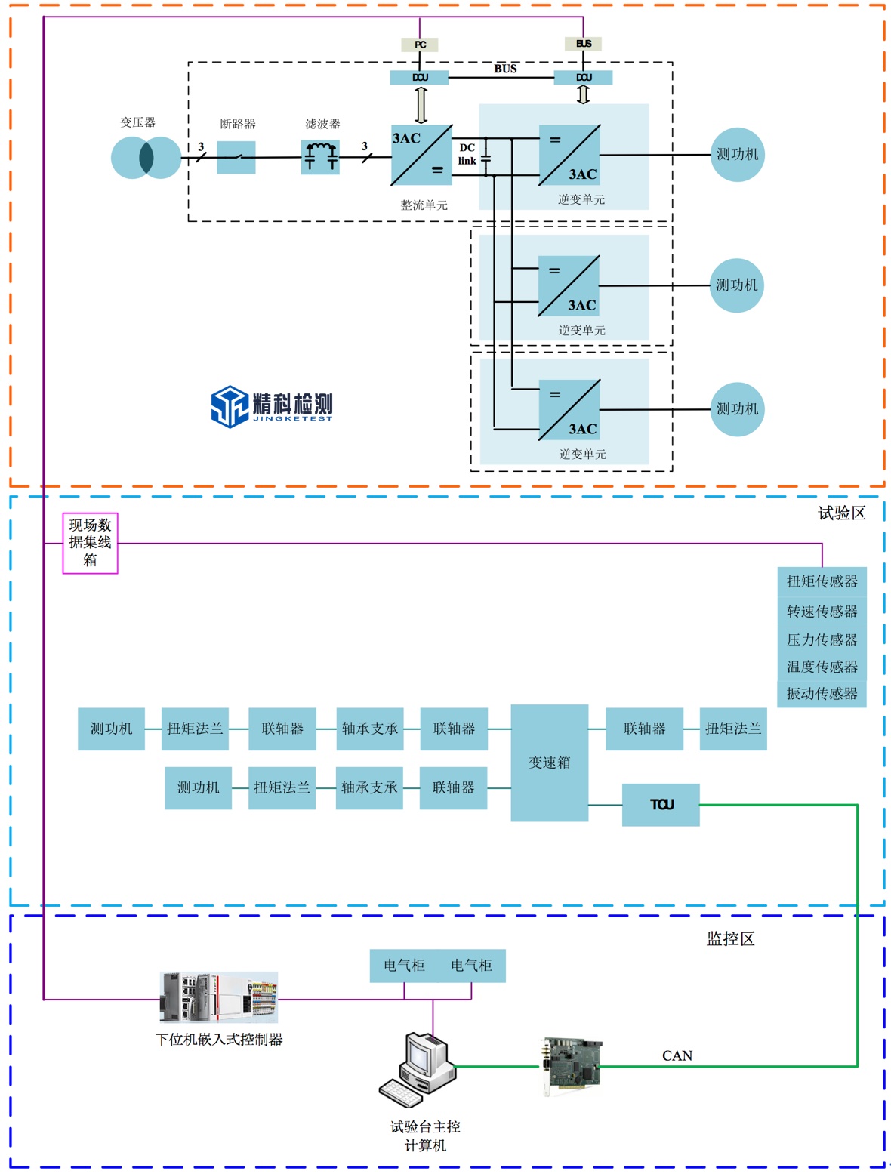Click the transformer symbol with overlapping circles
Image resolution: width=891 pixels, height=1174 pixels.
point(146,157)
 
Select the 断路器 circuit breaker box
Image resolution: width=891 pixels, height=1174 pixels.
point(236,157)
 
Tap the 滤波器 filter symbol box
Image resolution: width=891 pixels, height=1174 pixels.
point(320,157)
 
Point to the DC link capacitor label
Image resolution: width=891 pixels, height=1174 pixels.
point(467,154)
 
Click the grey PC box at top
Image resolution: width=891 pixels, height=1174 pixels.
point(420,45)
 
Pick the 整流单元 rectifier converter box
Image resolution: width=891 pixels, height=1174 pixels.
point(421,155)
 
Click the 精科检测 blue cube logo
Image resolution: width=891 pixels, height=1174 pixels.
point(230,406)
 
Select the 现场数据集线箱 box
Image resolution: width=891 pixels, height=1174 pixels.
point(90,543)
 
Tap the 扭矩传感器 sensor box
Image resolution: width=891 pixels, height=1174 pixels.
point(822,581)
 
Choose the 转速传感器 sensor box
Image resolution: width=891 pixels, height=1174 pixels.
point(822,611)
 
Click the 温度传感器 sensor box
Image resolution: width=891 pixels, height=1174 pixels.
point(822,667)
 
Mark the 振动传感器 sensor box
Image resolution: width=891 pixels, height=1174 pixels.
point(822,693)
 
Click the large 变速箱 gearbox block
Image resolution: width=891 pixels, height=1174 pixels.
point(549,763)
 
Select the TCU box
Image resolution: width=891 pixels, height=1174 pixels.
point(661,805)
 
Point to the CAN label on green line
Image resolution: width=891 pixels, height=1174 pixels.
point(677,1055)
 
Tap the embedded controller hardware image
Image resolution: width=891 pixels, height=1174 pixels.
point(218,997)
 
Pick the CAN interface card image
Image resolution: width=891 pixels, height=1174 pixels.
point(572,1065)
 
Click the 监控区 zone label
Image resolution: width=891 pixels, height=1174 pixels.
point(730,938)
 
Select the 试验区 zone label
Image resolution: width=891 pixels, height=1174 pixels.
point(841,513)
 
